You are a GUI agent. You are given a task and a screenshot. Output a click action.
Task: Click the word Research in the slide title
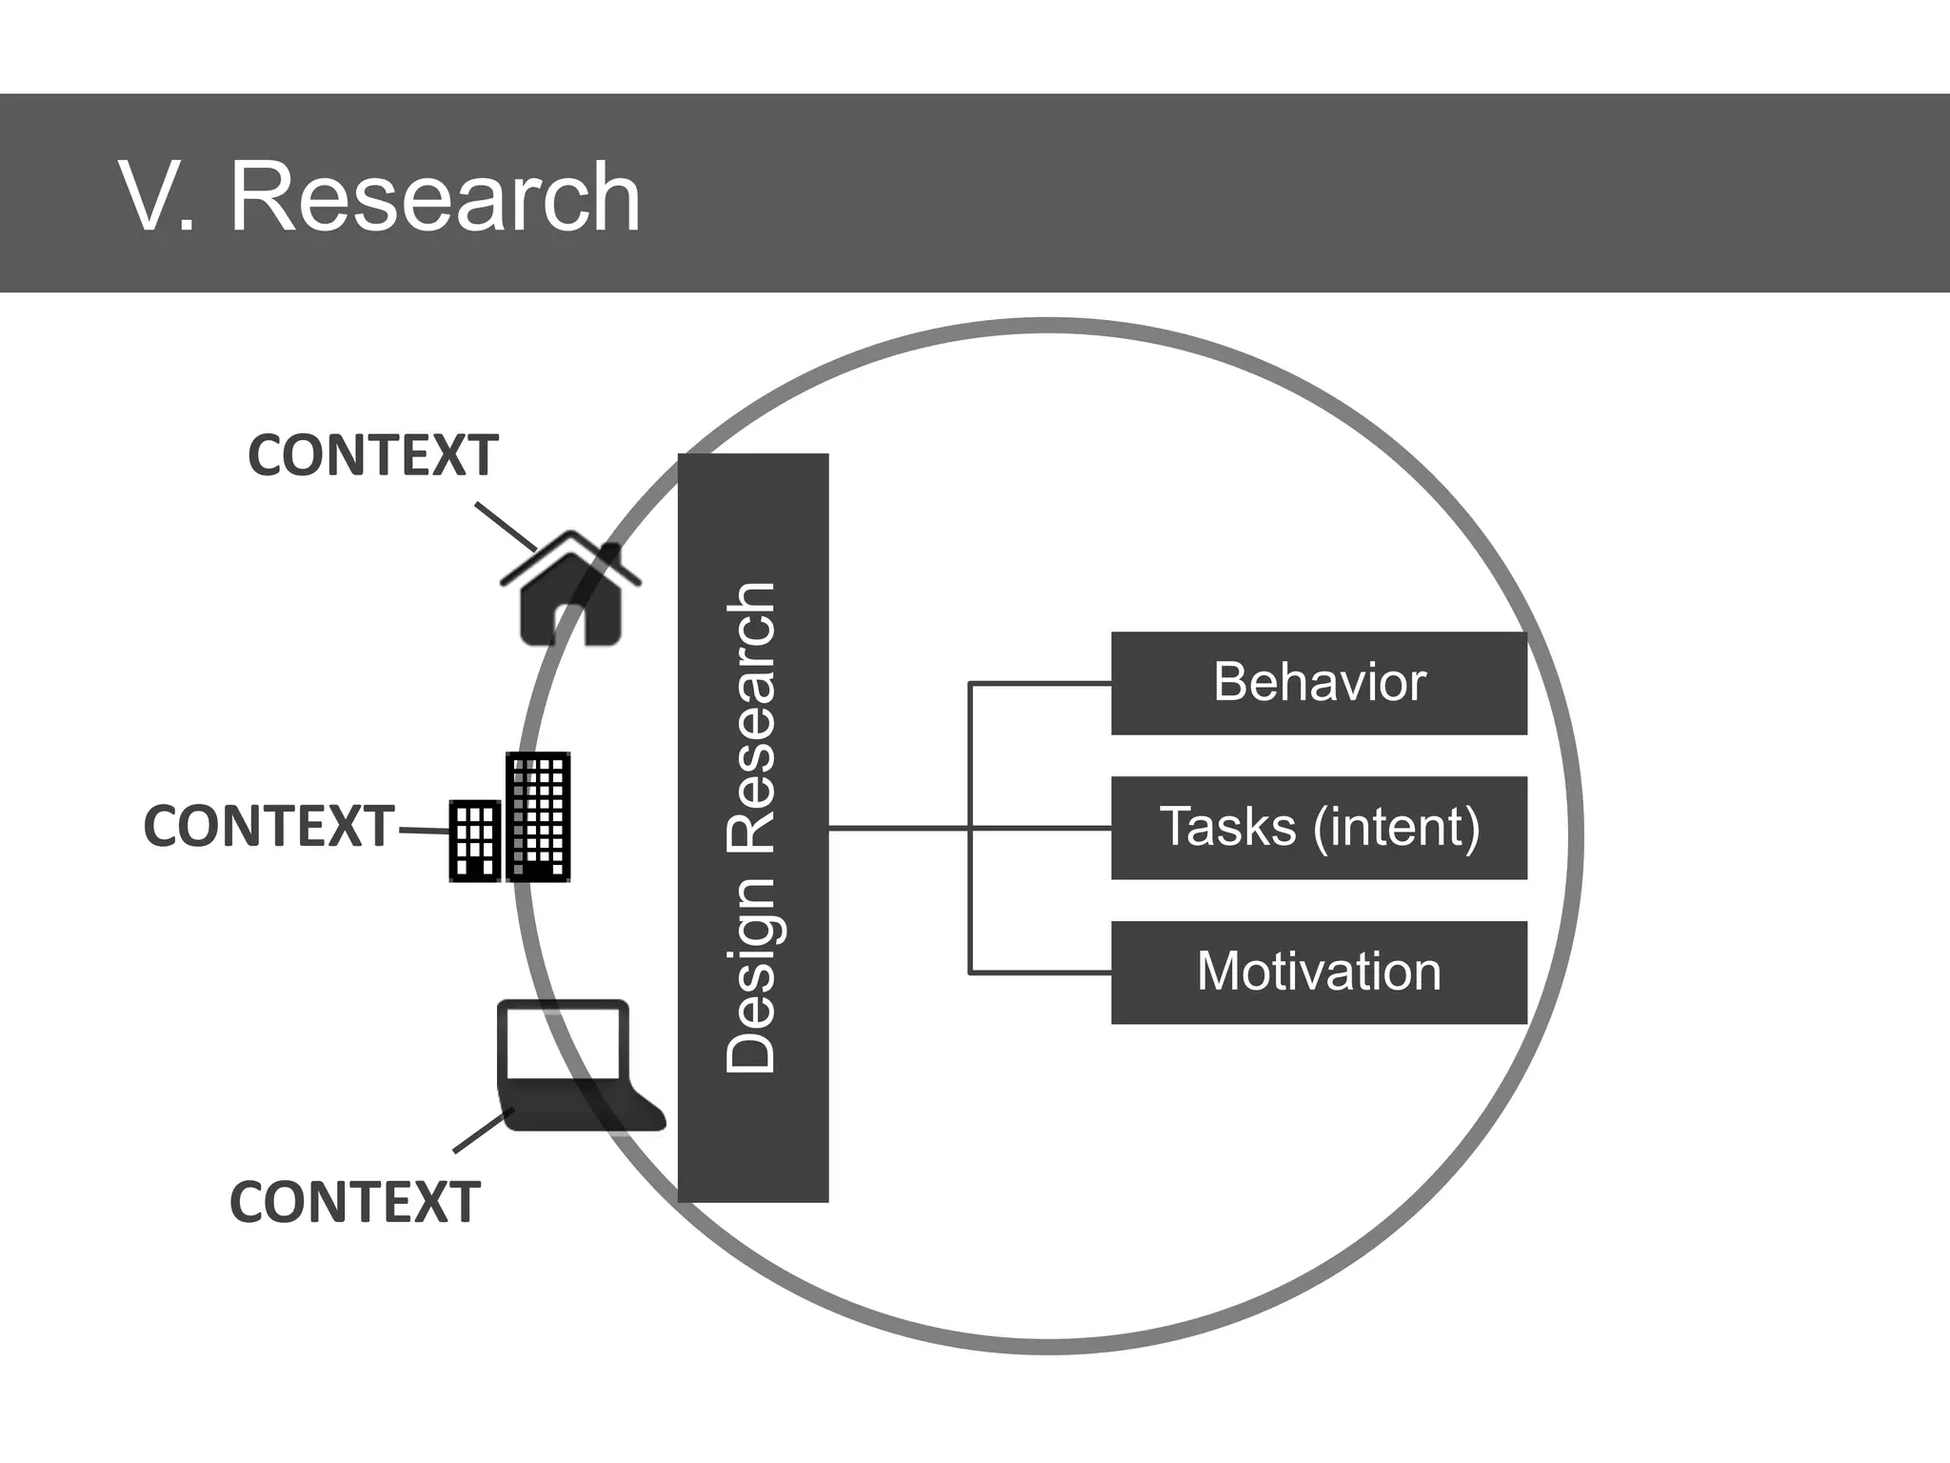tap(435, 197)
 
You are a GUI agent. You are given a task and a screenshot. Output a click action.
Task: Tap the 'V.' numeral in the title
tap(156, 197)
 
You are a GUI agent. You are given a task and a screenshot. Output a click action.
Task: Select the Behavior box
tap(1319, 683)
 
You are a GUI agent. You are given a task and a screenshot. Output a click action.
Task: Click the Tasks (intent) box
tap(1319, 828)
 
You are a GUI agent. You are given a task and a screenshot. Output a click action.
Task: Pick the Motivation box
tap(1319, 972)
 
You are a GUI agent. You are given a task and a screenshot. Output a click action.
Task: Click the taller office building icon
tap(539, 816)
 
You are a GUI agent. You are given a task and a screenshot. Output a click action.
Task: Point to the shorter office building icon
tap(474, 840)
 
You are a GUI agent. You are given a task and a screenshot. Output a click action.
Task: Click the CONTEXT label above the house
tap(373, 455)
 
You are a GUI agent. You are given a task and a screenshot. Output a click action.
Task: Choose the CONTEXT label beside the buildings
tap(269, 826)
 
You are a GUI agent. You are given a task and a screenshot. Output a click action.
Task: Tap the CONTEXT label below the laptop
tap(355, 1202)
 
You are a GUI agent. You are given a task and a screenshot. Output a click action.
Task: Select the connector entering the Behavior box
tap(1040, 683)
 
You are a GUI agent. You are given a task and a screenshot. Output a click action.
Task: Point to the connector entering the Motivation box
tap(1040, 972)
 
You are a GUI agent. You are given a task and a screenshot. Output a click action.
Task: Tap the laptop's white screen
tap(563, 1042)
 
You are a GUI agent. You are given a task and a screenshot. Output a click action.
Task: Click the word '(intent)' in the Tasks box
tap(1396, 828)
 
